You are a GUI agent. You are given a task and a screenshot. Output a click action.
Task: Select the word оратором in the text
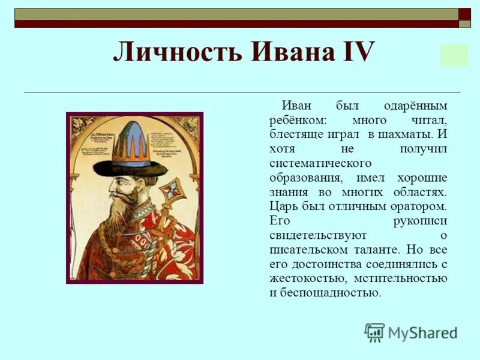click(418, 206)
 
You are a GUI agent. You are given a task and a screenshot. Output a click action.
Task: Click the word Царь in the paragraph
click(283, 206)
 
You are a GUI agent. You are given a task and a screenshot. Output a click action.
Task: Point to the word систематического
click(320, 163)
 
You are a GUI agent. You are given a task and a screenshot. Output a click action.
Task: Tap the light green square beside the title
click(454, 55)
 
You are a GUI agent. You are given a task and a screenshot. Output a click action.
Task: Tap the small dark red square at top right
click(465, 14)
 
